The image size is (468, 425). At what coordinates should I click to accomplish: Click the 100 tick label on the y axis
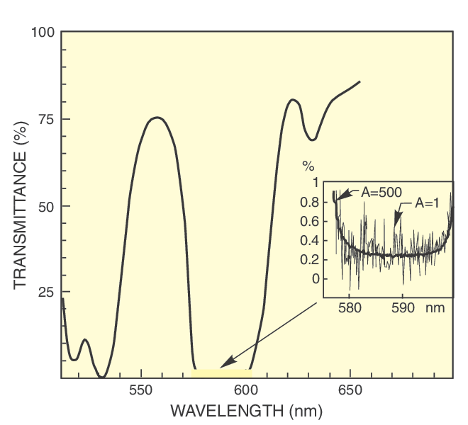coord(43,33)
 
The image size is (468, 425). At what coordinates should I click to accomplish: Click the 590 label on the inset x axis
coord(402,309)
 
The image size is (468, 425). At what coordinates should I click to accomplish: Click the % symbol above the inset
coord(308,167)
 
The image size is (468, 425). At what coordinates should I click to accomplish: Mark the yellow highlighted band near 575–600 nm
coord(222,373)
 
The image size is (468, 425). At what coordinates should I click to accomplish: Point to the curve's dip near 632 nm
coord(311,139)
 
